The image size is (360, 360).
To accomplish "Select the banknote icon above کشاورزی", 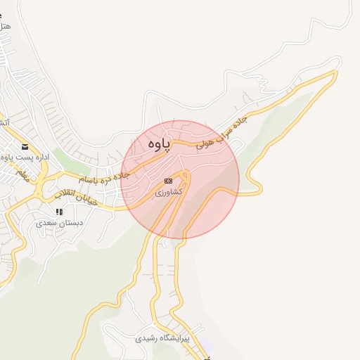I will (168, 181).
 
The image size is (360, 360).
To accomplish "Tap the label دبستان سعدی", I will (60, 223).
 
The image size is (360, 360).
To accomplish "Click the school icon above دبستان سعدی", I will (60, 212).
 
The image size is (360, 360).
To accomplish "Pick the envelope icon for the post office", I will (25, 146).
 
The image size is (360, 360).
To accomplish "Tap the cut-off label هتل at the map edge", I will (6, 26).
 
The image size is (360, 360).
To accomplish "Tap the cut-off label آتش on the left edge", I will (4, 122).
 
